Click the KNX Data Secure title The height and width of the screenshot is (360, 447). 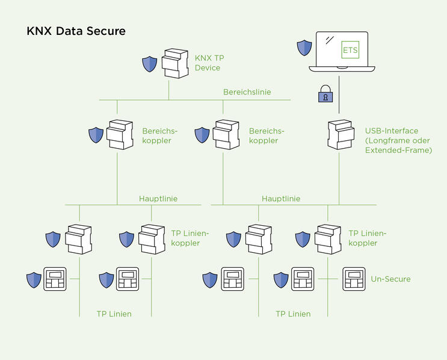coord(76,31)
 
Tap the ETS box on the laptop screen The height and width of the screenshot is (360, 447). coord(350,49)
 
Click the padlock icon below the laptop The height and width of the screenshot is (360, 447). coord(325,95)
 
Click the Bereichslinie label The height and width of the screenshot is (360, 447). coord(247,92)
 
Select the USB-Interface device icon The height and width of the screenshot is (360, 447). coord(341,135)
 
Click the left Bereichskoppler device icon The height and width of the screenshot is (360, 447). coord(119,135)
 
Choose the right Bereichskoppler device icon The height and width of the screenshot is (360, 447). coord(226,135)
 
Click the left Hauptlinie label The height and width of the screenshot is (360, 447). coord(158,198)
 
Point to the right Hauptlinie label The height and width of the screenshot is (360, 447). coord(281,198)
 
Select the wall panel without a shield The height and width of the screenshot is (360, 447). coord(354,279)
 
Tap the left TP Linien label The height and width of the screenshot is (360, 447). coord(114,314)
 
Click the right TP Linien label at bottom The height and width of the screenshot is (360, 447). coord(293,314)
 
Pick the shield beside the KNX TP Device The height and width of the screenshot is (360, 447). coord(149,64)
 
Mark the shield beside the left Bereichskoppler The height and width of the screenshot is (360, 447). coord(96,135)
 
